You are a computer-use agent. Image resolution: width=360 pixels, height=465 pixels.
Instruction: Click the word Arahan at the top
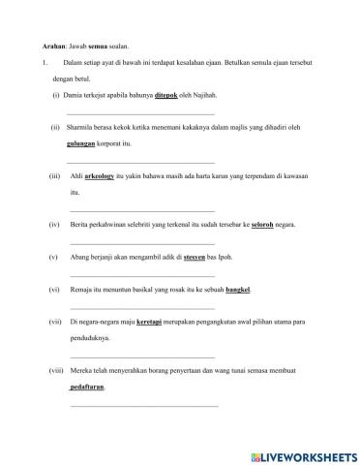[34, 46]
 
